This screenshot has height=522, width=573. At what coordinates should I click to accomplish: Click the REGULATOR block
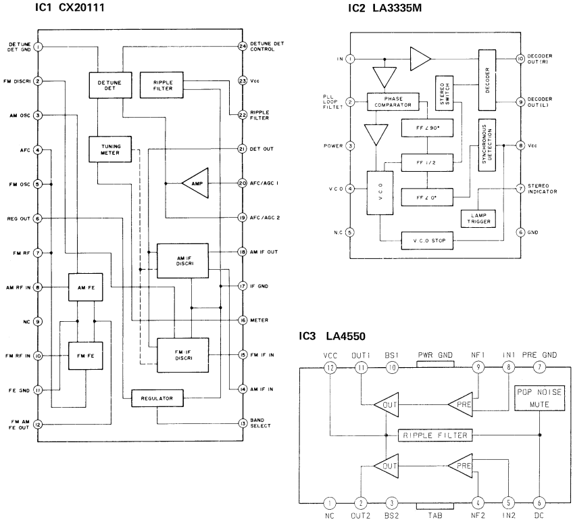tap(157, 399)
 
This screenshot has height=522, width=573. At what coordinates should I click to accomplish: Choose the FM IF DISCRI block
tap(182, 354)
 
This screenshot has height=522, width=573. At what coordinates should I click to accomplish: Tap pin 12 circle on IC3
tap(330, 367)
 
